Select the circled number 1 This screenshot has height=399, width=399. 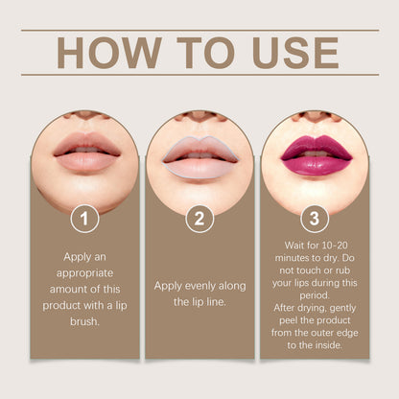point(84,219)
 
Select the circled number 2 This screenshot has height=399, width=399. point(199,219)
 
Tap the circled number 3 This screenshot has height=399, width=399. point(315,219)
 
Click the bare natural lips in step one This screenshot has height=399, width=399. point(84,153)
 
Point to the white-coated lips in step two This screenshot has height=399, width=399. point(199,155)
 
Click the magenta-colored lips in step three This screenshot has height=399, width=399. point(315,155)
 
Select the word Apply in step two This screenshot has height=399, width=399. point(171,286)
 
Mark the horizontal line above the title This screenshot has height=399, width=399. point(199,30)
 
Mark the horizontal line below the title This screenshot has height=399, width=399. point(199,75)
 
